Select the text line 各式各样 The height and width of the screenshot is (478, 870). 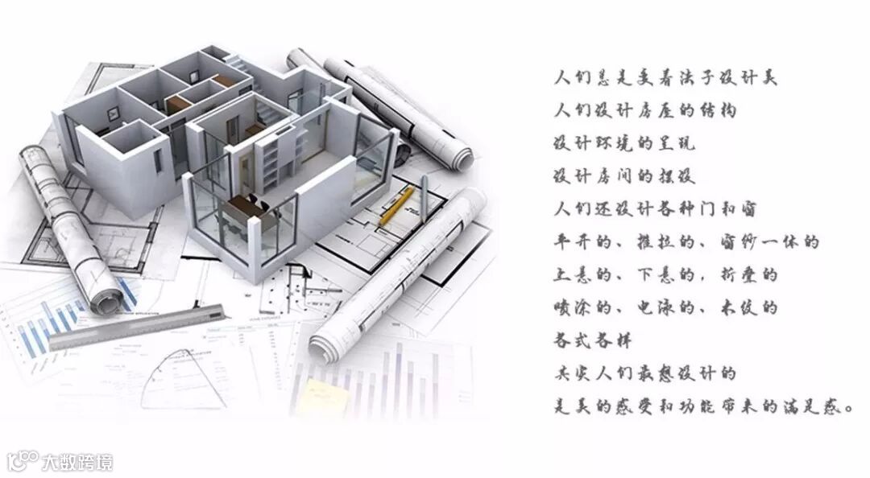(586, 340)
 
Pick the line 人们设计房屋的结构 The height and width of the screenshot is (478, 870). (645, 110)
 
